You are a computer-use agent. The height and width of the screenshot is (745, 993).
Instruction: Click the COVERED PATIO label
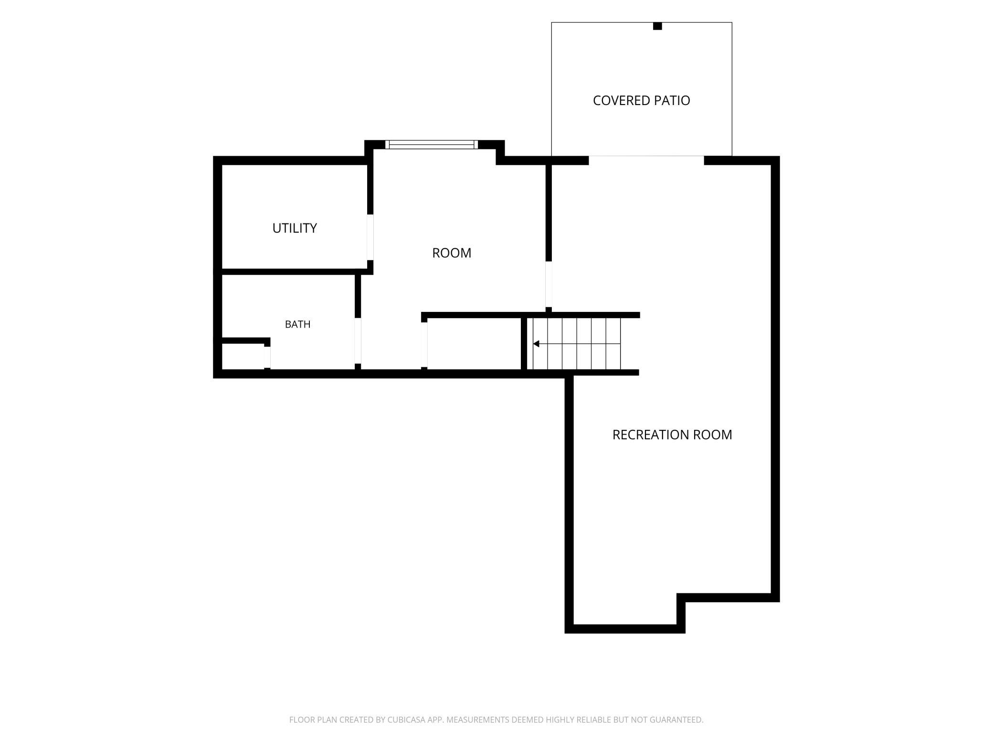[x=641, y=100]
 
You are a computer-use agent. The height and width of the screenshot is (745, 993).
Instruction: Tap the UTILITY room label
[x=295, y=228]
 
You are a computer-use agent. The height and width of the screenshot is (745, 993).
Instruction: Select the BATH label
[x=297, y=324]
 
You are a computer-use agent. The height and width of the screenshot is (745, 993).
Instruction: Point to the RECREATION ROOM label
[x=672, y=435]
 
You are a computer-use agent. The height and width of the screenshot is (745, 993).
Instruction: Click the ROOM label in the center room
[x=452, y=253]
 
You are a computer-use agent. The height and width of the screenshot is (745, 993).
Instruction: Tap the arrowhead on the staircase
[x=536, y=344]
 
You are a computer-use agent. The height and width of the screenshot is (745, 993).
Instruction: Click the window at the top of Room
[x=432, y=144]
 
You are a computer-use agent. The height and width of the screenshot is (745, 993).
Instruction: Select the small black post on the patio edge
[x=657, y=26]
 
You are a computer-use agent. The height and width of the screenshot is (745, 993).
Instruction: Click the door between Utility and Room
[x=370, y=237]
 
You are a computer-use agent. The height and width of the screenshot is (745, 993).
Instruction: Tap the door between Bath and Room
[x=358, y=341]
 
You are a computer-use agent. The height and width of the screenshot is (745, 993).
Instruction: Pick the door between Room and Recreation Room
[x=549, y=284]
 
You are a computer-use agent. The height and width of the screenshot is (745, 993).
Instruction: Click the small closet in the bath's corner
[x=243, y=356]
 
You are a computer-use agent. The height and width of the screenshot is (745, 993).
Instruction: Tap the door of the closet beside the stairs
[x=424, y=345]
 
